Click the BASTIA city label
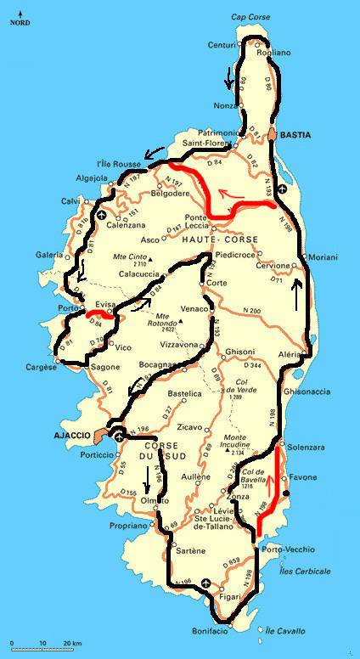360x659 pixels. [x=296, y=135]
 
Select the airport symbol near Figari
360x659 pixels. [x=208, y=583]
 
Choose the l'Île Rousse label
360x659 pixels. [x=115, y=163]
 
